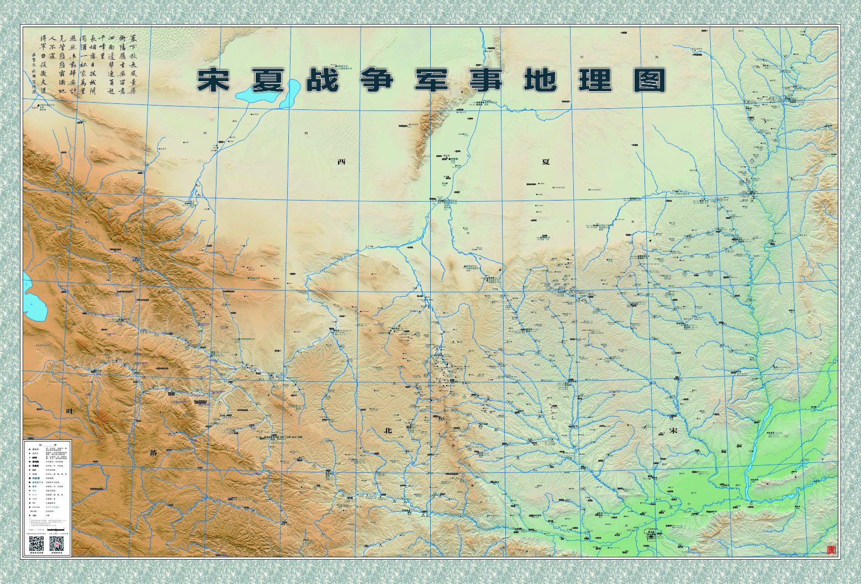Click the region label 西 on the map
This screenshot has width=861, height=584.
pyautogui.click(x=341, y=162)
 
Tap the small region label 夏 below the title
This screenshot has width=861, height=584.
pyautogui.click(x=546, y=162)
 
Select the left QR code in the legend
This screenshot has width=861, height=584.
pyautogui.click(x=36, y=544)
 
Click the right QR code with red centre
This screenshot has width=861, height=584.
pyautogui.click(x=57, y=544)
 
